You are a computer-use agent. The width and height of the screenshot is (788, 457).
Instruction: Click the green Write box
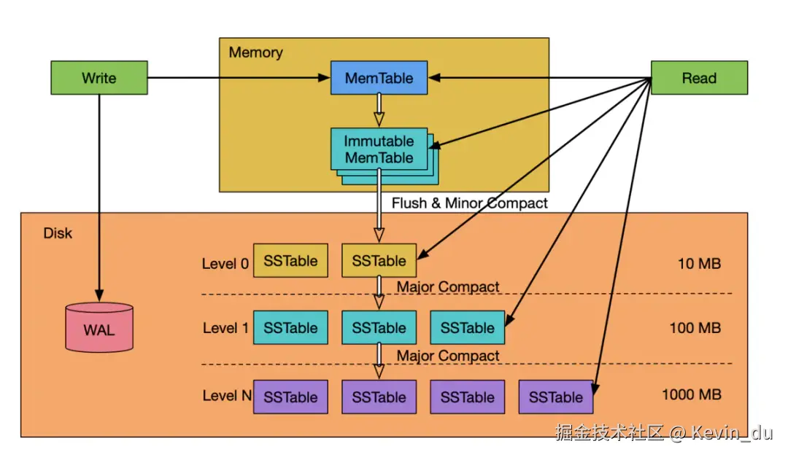(x=98, y=78)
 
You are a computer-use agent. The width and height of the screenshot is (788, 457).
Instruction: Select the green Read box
(x=698, y=78)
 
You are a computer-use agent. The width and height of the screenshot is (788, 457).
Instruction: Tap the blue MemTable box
(x=379, y=78)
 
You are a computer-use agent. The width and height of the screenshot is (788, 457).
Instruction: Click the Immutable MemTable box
(x=379, y=149)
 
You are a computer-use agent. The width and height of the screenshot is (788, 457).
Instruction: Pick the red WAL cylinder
(x=98, y=329)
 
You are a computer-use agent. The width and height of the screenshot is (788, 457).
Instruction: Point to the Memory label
(x=255, y=52)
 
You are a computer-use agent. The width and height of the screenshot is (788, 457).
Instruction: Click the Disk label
(x=58, y=234)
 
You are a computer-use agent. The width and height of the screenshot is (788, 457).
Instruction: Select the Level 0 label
(x=225, y=263)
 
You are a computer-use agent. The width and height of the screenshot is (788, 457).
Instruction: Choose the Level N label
(x=225, y=397)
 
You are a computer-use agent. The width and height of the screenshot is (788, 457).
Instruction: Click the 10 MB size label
(x=699, y=263)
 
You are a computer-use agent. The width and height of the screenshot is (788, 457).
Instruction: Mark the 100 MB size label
(x=695, y=328)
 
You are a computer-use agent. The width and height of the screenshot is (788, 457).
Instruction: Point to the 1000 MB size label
(x=691, y=395)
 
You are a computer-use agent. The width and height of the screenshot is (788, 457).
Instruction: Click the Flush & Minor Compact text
(x=469, y=203)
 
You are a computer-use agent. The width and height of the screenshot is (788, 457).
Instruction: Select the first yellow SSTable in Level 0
(x=290, y=261)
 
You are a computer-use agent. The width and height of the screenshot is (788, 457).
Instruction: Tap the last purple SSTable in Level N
(x=555, y=397)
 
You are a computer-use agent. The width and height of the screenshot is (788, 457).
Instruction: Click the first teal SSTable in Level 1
(x=290, y=328)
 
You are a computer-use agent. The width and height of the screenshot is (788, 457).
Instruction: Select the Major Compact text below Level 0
(x=448, y=287)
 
